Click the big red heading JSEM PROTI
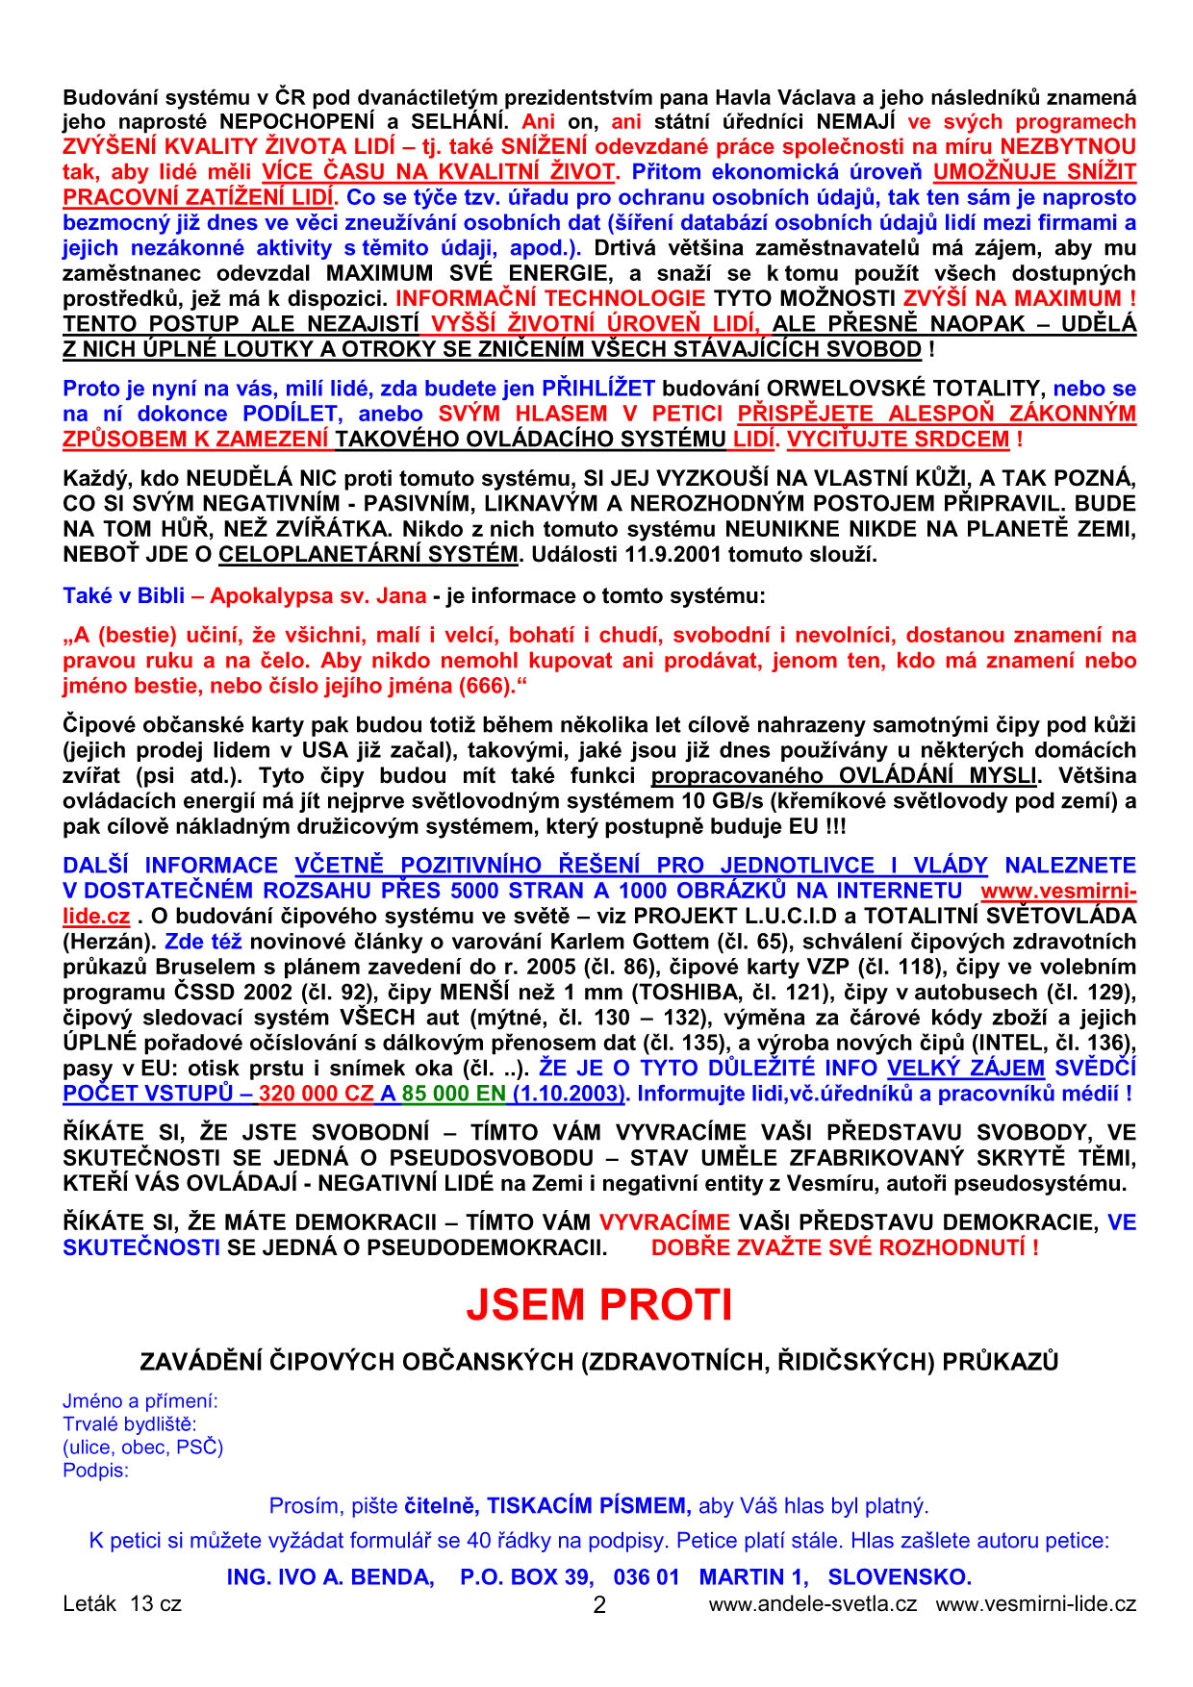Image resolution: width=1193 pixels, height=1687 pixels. pyautogui.click(x=598, y=1305)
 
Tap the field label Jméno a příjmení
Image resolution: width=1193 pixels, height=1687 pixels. pyautogui.click(x=140, y=1401)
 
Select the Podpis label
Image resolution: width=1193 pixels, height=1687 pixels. pyautogui.click(x=95, y=1471)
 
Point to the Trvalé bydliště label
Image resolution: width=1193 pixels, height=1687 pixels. pyautogui.click(x=129, y=1424)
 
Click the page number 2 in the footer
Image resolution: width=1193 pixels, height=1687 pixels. pyautogui.click(x=599, y=1605)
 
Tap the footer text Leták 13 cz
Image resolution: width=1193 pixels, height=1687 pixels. pyautogui.click(x=122, y=1604)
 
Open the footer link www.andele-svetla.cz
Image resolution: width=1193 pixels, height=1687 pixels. pyautogui.click(x=812, y=1604)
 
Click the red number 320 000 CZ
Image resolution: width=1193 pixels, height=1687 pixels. pyautogui.click(x=317, y=1094)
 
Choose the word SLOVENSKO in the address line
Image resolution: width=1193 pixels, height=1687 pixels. pyautogui.click(x=899, y=1577)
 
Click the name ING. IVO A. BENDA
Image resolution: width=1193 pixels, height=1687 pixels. pyautogui.click(x=330, y=1577)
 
